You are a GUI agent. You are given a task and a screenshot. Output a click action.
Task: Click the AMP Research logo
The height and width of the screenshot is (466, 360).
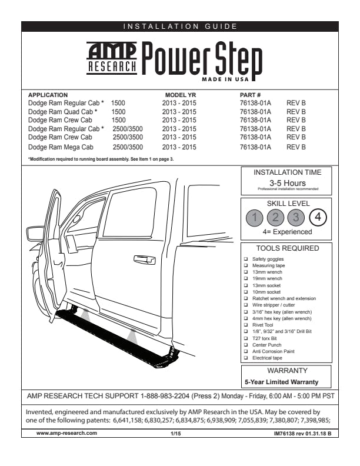coord(112,58)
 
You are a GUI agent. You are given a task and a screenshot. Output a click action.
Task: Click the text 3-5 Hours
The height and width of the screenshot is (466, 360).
coord(287,183)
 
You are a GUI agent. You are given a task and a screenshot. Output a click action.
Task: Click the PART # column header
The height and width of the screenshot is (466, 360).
coord(251,95)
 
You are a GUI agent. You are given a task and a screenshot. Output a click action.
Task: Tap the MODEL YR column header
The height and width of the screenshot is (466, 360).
coord(179,95)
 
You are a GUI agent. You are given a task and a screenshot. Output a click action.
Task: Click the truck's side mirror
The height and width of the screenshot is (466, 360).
coord(36,233)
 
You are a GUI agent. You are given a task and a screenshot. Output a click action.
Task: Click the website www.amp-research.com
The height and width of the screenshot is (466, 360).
coord(66,433)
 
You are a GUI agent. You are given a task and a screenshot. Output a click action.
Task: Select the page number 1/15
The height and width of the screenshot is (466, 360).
coord(175,433)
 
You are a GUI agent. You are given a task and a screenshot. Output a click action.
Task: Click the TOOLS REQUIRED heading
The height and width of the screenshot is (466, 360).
coord(287,248)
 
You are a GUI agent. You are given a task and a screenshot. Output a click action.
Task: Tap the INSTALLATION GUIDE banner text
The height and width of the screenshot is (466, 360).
coord(180,26)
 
